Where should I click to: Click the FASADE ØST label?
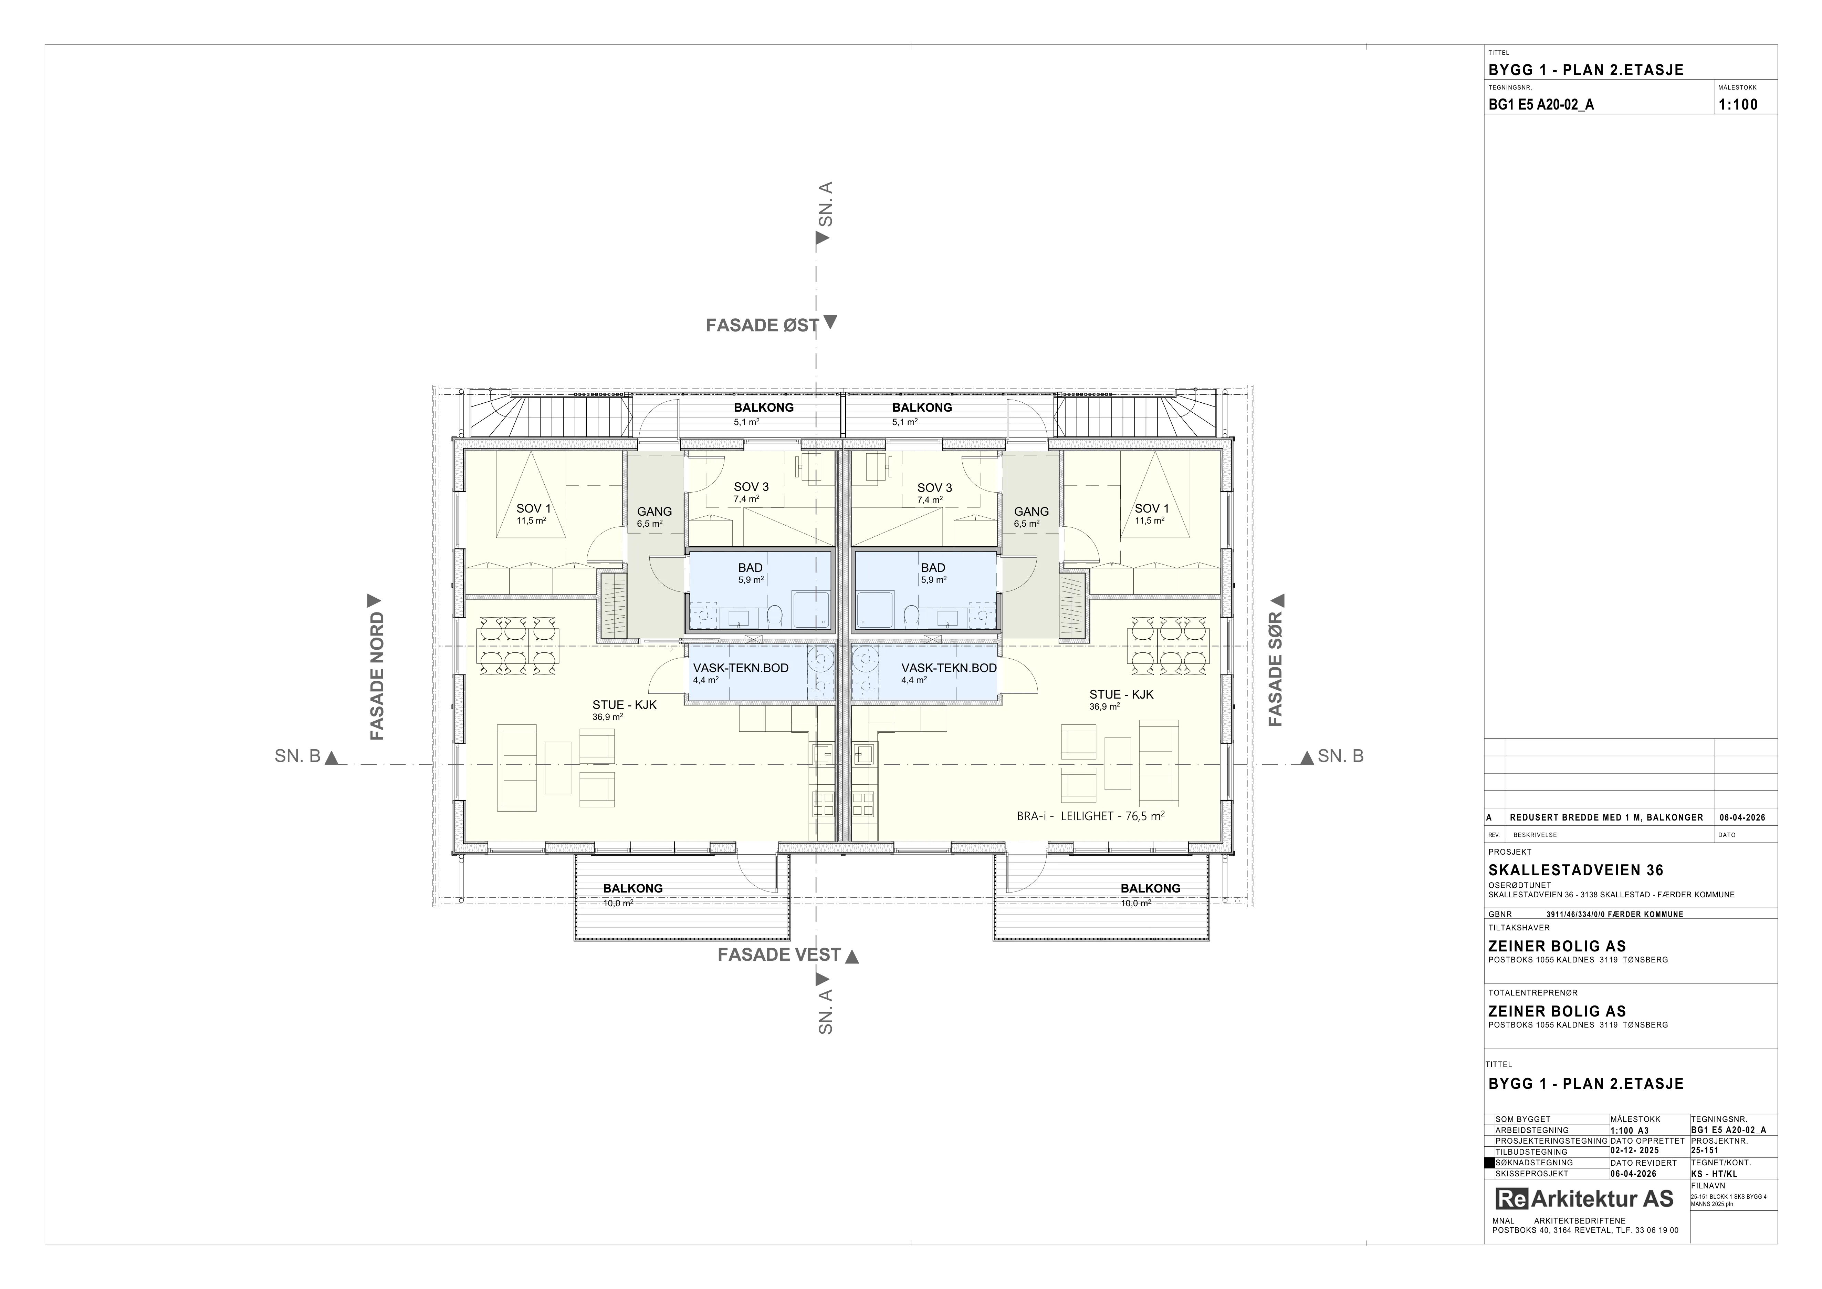pos(762,326)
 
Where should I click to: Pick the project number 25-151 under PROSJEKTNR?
pos(1706,1151)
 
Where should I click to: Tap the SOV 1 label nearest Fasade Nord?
pos(533,509)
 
